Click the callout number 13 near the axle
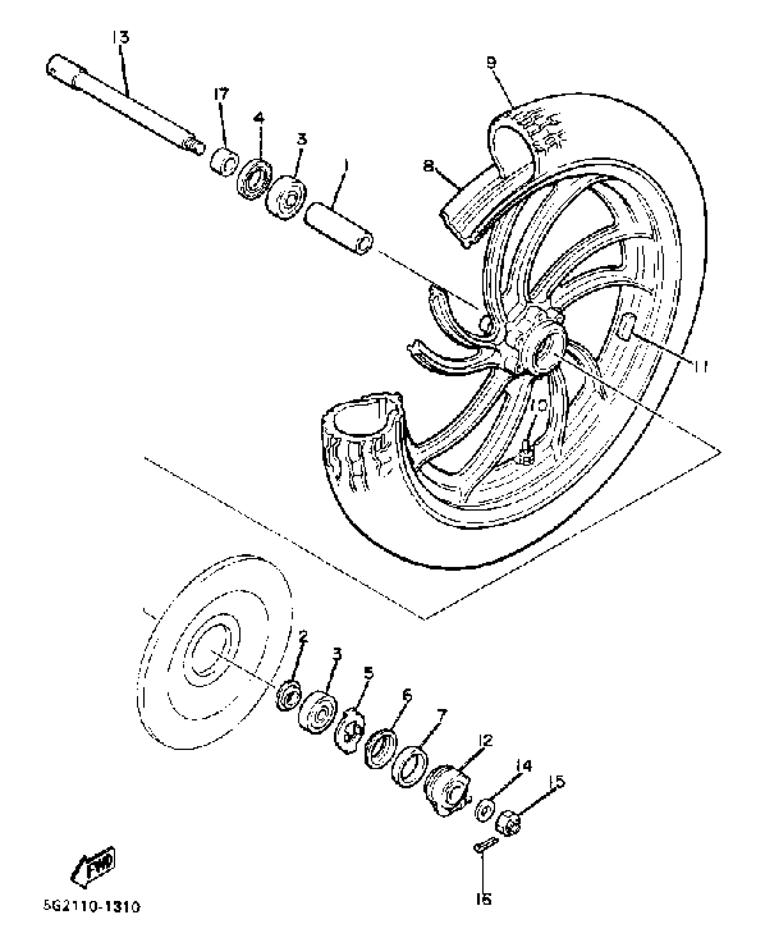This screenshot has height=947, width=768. [121, 37]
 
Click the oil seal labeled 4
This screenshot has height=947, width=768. [254, 179]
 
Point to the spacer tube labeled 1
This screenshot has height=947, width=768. [339, 229]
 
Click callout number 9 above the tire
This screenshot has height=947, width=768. [491, 62]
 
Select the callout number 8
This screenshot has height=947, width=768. [429, 167]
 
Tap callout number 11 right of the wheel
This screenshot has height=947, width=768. [700, 367]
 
